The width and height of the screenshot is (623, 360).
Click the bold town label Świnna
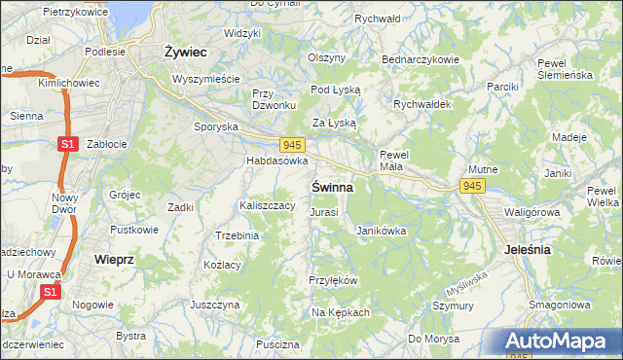(333, 185)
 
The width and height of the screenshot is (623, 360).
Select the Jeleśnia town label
(529, 249)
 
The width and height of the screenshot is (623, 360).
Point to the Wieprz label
(114, 260)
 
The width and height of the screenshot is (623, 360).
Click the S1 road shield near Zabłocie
(67, 144)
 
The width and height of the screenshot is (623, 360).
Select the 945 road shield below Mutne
(473, 185)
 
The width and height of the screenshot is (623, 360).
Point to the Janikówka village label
(381, 232)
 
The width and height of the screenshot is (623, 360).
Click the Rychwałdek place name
(419, 103)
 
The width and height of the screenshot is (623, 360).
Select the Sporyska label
(216, 126)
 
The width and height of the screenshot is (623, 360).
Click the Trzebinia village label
(237, 235)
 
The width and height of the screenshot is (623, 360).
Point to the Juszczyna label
(215, 305)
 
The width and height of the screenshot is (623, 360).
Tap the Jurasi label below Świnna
(324, 212)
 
